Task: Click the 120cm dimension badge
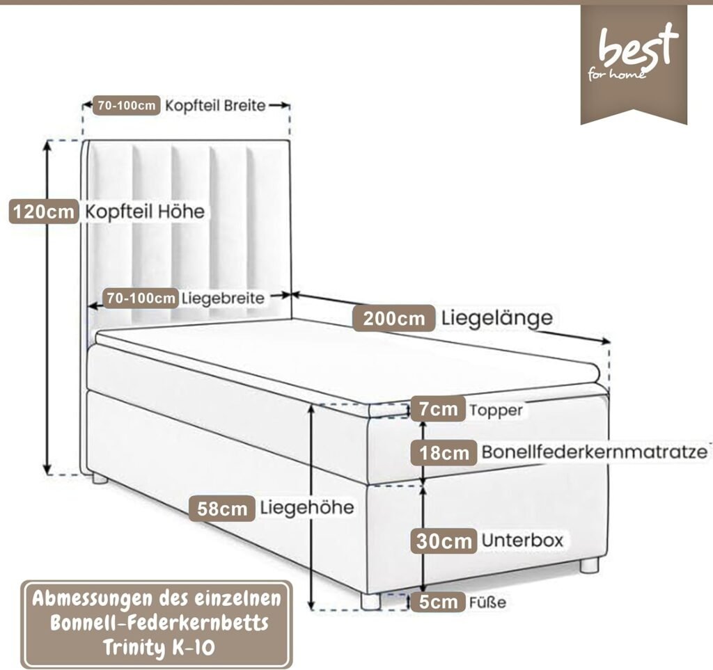[x=44, y=212]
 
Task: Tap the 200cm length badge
[x=394, y=319]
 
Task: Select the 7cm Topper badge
[x=438, y=409]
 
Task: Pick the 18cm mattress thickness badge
[x=444, y=452]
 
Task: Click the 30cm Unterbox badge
[x=444, y=541]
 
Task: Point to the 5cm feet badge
[x=438, y=602]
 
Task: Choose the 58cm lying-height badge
[x=222, y=509]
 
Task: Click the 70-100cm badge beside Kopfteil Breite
[x=127, y=105]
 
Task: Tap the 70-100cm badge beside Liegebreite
[x=141, y=298]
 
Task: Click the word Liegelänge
[x=497, y=317]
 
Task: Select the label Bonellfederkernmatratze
[x=595, y=452]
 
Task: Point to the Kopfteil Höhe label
[x=145, y=212]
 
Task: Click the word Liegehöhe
[x=307, y=507]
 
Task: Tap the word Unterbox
[x=522, y=540]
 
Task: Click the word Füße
[x=487, y=603]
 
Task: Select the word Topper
[x=496, y=410]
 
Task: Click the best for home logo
[x=634, y=64]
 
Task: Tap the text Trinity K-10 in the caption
[x=159, y=647]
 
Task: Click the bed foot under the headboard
[x=100, y=478]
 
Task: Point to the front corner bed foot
[x=370, y=601]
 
